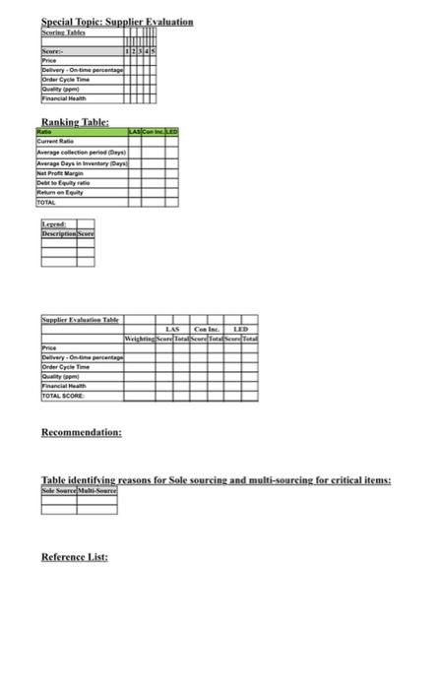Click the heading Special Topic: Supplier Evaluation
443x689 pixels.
tap(117, 22)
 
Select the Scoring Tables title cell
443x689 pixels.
tap(63, 33)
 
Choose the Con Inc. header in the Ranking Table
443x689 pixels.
tap(153, 131)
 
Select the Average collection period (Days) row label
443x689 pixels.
tap(81, 153)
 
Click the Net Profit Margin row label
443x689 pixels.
tap(62, 172)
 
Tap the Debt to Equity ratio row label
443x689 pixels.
tap(64, 182)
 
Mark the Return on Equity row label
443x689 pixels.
tap(60, 192)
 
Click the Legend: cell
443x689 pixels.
tap(53, 224)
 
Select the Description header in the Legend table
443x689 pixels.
tap(59, 233)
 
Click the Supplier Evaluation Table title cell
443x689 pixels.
tap(81, 319)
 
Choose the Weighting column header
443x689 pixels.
tap(139, 338)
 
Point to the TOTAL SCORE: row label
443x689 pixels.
tap(63, 396)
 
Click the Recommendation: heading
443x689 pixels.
tap(82, 432)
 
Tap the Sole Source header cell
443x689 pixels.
tap(59, 489)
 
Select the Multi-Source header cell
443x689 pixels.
tap(97, 489)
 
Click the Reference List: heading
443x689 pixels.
tap(75, 557)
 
